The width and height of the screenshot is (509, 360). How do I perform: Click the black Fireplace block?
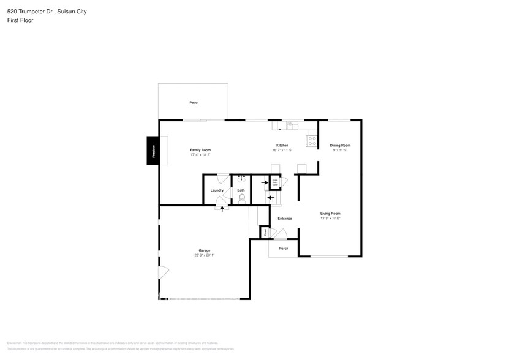(153, 151)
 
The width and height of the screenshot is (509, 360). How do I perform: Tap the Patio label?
(194, 102)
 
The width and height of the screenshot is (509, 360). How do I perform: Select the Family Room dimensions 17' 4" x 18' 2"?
(200, 155)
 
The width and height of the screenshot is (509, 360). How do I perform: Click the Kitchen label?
(282, 145)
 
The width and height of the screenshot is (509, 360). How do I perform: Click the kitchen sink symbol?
(292, 125)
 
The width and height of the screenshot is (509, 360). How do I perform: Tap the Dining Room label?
(340, 145)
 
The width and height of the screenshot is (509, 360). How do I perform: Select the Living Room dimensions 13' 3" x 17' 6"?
(330, 218)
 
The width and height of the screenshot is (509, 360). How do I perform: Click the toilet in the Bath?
(241, 198)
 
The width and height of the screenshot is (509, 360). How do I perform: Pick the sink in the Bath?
(241, 179)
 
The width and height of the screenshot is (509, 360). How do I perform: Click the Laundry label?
(217, 190)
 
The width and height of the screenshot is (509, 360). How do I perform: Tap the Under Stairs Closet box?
(275, 182)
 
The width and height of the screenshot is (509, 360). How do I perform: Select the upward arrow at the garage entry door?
(222, 209)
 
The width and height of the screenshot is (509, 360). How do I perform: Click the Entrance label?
(284, 218)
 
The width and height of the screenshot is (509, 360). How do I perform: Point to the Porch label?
(284, 248)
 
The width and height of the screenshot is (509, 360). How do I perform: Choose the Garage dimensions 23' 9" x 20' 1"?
(204, 255)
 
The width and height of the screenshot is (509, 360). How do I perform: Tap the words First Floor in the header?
(20, 20)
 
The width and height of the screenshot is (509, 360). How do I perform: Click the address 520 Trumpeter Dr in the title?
(31, 11)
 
